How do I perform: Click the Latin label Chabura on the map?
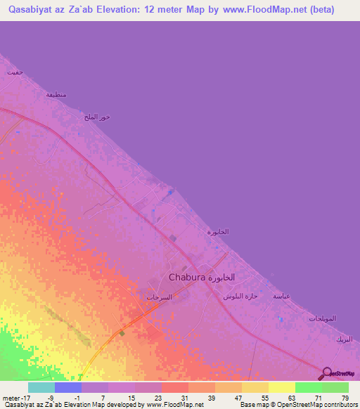(187, 278)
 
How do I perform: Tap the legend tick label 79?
(345, 397)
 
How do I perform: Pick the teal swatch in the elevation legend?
(41, 387)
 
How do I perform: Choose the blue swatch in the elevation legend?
(68, 387)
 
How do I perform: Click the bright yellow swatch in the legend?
(282, 387)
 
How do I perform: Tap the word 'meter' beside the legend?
(12, 397)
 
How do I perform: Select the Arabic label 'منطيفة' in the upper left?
(56, 95)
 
